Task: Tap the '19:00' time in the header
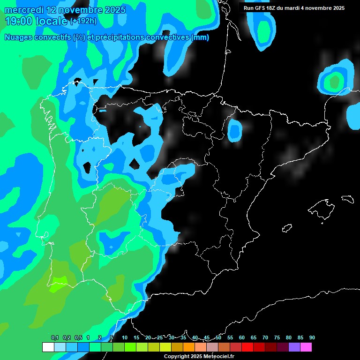(x=19, y=21)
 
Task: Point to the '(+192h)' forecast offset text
(x=83, y=21)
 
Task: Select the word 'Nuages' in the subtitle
(x=19, y=37)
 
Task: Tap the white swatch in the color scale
(x=48, y=347)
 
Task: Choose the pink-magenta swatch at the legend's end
(x=306, y=347)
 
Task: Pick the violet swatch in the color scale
(x=294, y=347)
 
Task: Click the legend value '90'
(x=312, y=338)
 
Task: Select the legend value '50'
(x=218, y=338)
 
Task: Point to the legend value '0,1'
(x=55, y=338)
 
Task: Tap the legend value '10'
(x=125, y=338)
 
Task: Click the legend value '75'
(x=277, y=338)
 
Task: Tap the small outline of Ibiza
(x=287, y=228)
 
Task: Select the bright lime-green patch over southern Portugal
(x=58, y=280)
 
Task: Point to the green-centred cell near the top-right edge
(x=334, y=81)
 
